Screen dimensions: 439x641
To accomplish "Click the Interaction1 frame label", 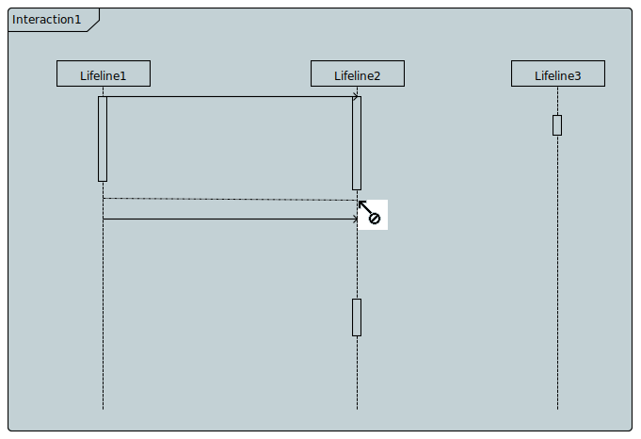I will pyautogui.click(x=46, y=20).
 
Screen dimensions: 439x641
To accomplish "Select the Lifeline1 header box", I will pyautogui.click(x=103, y=74).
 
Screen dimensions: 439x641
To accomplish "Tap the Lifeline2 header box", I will pyautogui.click(x=358, y=74).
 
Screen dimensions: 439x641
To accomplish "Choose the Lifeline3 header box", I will pyautogui.click(x=557, y=74).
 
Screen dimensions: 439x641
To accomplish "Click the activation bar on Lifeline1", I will pyautogui.click(x=103, y=138).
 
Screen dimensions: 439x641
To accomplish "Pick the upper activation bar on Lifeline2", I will pyautogui.click(x=357, y=142).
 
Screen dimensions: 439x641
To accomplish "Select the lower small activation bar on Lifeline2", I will pyautogui.click(x=357, y=317).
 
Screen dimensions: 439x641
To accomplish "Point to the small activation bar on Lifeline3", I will pyautogui.click(x=557, y=125).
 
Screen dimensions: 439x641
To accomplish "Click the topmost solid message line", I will pyautogui.click(x=226, y=96).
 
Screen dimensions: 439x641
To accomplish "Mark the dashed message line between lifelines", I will pyautogui.click(x=226, y=199).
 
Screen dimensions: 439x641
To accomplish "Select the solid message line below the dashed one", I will pyautogui.click(x=226, y=219).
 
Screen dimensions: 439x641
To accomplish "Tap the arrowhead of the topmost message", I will pyautogui.click(x=355, y=96).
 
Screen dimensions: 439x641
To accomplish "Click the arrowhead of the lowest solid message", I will pyautogui.click(x=356, y=219).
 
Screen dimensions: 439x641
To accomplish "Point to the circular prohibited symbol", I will pyautogui.click(x=374, y=219).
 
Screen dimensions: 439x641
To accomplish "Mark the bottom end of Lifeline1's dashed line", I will pyautogui.click(x=103, y=408).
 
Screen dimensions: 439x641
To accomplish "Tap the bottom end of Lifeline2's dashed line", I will pyautogui.click(x=357, y=408).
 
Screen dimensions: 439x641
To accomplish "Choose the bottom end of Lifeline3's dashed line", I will pyautogui.click(x=557, y=408).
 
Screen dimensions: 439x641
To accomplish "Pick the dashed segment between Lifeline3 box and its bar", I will pyautogui.click(x=557, y=101).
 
